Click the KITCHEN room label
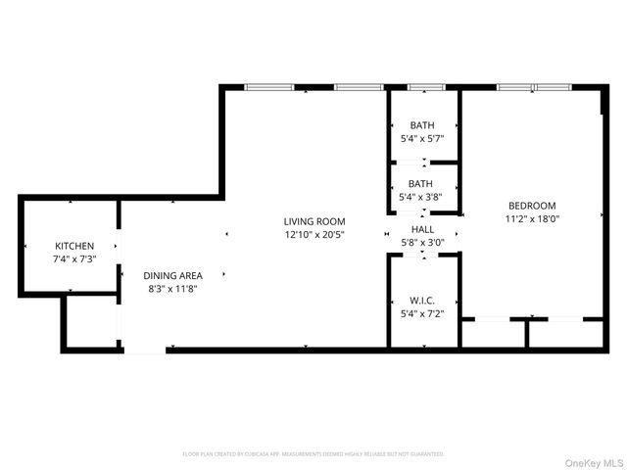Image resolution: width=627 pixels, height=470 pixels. click(74, 245)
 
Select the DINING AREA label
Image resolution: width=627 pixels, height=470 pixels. click(172, 276)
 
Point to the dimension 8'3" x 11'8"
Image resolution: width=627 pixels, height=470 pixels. click(172, 289)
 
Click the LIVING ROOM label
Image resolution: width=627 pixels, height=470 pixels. click(314, 221)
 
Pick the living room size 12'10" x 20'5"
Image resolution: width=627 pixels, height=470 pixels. click(314, 235)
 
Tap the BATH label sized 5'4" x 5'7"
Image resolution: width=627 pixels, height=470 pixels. click(422, 125)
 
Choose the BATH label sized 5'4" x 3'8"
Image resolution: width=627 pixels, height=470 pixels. click(421, 184)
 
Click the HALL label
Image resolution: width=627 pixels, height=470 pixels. click(423, 229)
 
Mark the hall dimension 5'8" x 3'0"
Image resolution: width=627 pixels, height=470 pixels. click(423, 242)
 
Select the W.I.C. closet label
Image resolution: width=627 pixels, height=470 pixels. click(422, 301)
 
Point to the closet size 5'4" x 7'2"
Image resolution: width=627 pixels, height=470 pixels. click(422, 313)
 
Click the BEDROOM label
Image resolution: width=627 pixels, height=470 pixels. click(532, 206)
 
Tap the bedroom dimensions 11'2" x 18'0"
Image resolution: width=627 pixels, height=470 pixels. click(532, 219)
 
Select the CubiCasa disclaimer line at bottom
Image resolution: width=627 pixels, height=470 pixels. click(313, 454)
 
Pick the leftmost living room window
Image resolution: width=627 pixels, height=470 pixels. click(269, 88)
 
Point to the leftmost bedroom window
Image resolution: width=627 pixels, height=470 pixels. click(514, 88)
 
